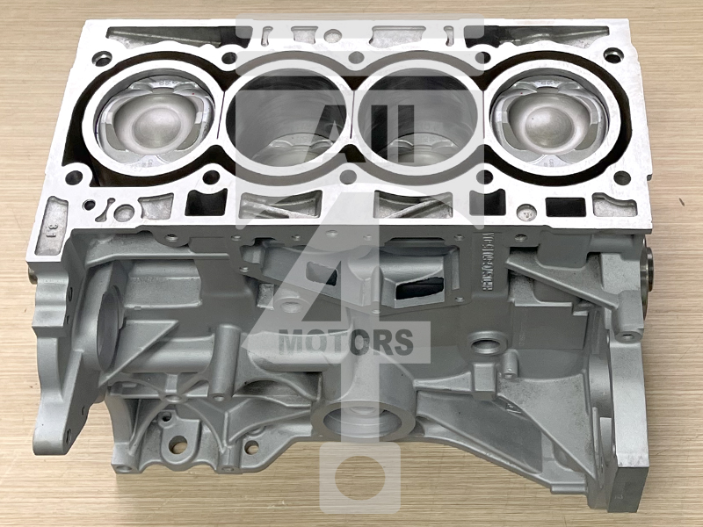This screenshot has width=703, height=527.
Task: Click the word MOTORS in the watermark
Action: click(x=345, y=342)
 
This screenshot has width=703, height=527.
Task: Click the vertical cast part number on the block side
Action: click(x=482, y=263)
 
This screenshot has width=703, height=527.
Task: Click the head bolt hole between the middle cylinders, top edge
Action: click(x=356, y=58)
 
